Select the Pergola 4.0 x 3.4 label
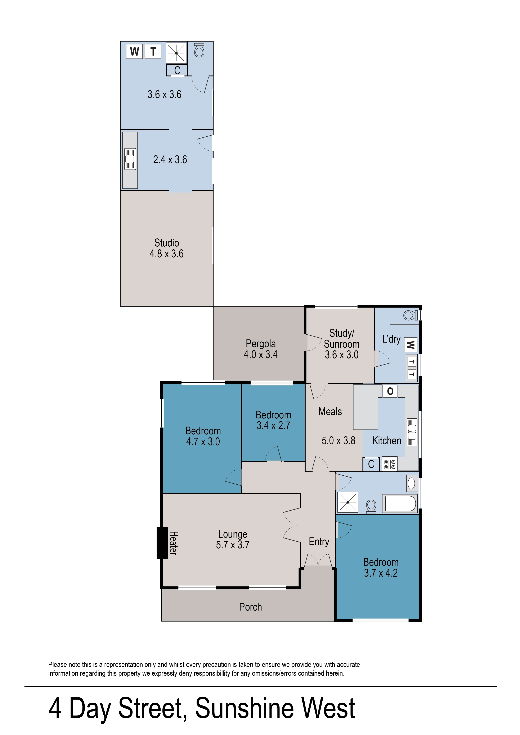[261, 349]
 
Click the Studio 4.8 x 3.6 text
[166, 248]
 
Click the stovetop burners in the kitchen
[390, 464]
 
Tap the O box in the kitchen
[390, 391]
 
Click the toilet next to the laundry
[411, 315]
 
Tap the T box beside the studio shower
[153, 51]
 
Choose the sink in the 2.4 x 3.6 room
[130, 159]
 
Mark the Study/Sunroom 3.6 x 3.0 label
[342, 344]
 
